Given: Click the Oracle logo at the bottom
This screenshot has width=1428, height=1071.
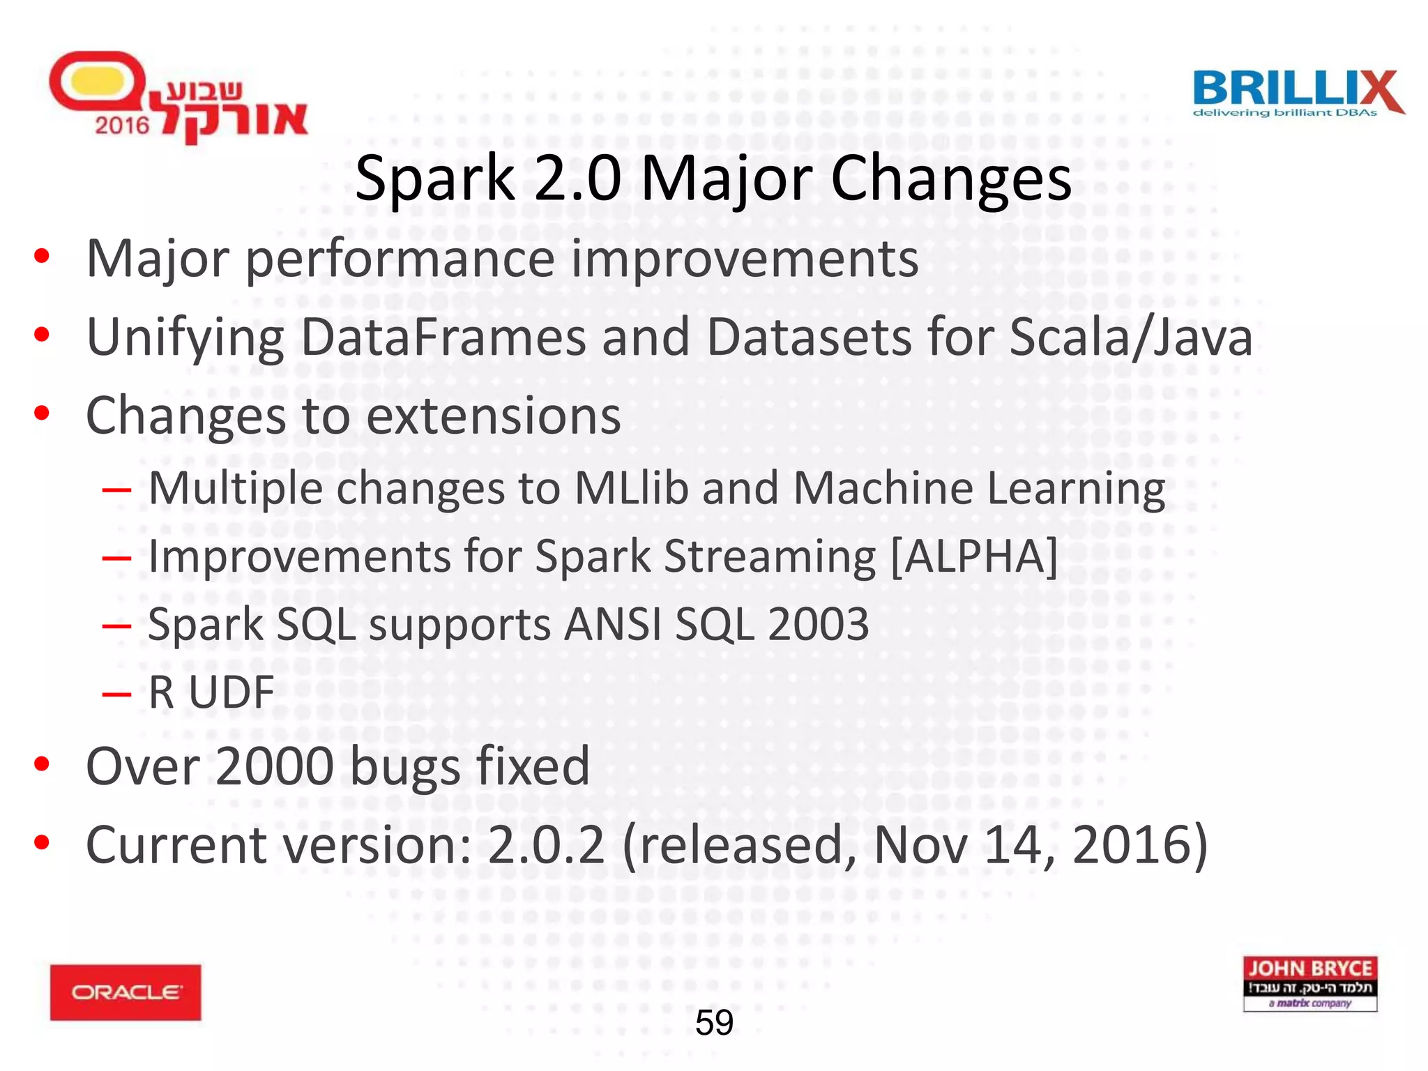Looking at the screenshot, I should point(126,992).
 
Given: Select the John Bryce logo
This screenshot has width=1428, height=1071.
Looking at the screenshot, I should point(1309,983).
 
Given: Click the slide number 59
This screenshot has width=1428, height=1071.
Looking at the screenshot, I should point(714,1023).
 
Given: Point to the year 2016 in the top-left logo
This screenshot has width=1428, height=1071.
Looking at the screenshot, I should point(122,126).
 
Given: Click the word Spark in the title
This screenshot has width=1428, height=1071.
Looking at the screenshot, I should point(434,179).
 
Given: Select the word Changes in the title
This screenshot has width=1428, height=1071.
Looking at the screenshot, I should point(951,179).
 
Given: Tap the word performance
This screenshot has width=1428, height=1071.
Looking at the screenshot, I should point(401,259).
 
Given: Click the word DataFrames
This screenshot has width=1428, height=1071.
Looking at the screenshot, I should point(443,337).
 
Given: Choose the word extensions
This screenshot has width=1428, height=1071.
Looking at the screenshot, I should point(493,416).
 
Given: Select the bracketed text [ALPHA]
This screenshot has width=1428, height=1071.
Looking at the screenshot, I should point(974,556).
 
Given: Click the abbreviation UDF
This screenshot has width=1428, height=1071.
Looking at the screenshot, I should point(231,692).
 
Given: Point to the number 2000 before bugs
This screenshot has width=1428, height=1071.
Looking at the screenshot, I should point(275,766).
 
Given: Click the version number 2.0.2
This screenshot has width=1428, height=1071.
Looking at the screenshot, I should point(546,845).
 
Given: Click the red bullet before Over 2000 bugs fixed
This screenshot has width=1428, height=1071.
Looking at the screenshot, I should point(42,764).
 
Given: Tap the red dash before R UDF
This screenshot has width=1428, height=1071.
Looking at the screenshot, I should point(116,693).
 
